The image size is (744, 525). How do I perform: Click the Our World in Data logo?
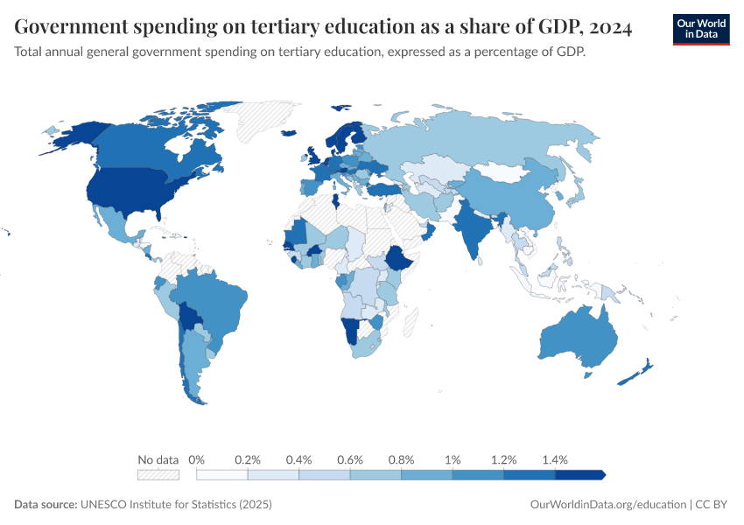tap(701, 29)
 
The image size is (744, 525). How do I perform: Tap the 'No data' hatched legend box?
tap(158, 474)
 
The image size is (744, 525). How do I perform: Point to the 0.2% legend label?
tap(248, 459)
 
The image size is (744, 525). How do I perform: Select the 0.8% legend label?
tap(402, 459)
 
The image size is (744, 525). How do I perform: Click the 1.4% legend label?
tap(555, 459)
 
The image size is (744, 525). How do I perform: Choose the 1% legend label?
tap(453, 459)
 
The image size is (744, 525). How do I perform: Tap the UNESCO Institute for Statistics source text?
tap(176, 505)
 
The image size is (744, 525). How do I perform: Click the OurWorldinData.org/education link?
tap(608, 505)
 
